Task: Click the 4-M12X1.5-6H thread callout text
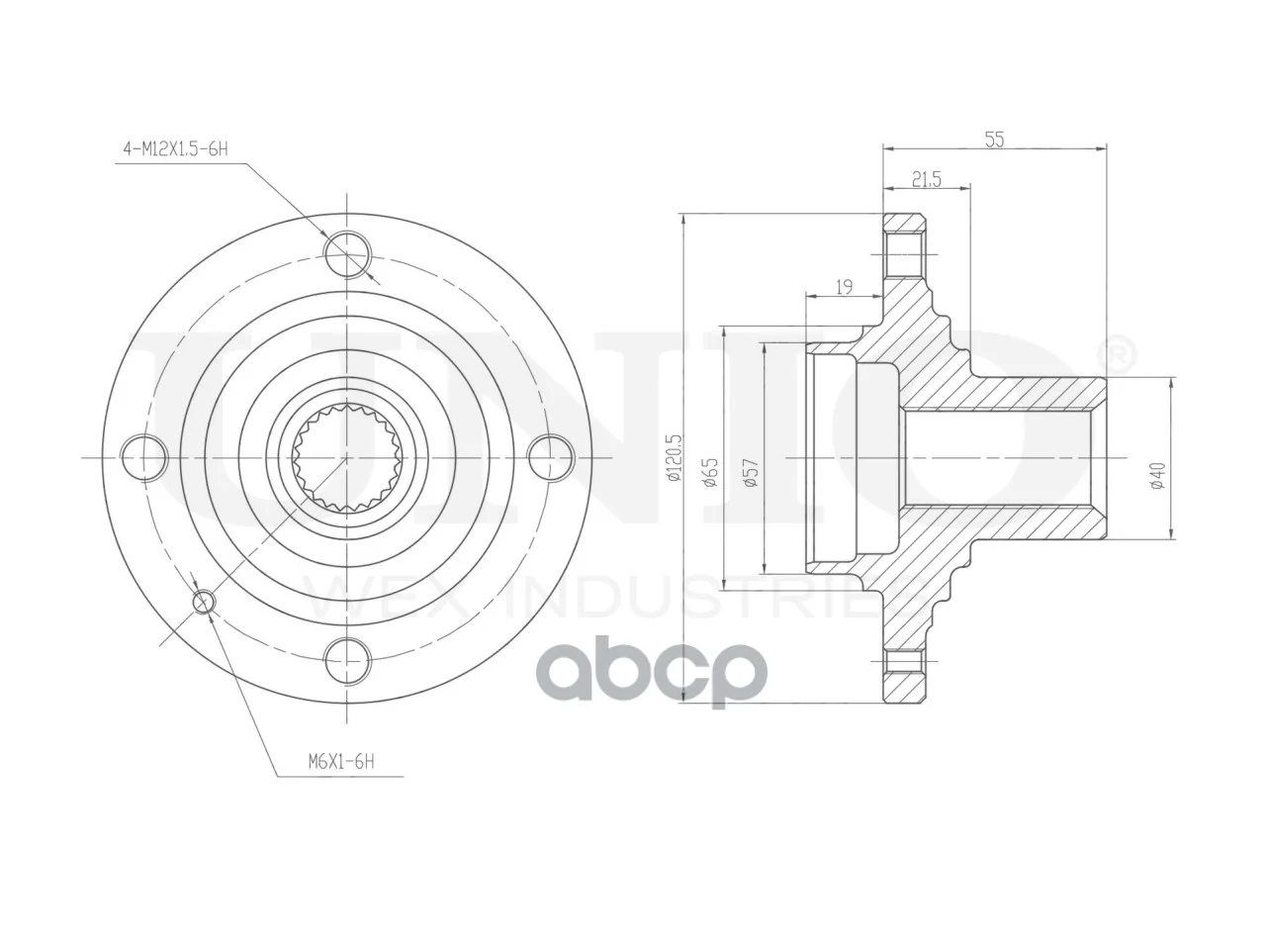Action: pos(175,149)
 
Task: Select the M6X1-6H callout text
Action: pos(341,762)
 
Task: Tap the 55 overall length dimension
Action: pos(994,139)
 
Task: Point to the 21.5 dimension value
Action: pos(927,180)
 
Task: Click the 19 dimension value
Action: pos(844,287)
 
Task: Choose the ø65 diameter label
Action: pos(710,472)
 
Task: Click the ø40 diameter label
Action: pos(1157,475)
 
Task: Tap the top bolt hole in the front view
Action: pos(346,253)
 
